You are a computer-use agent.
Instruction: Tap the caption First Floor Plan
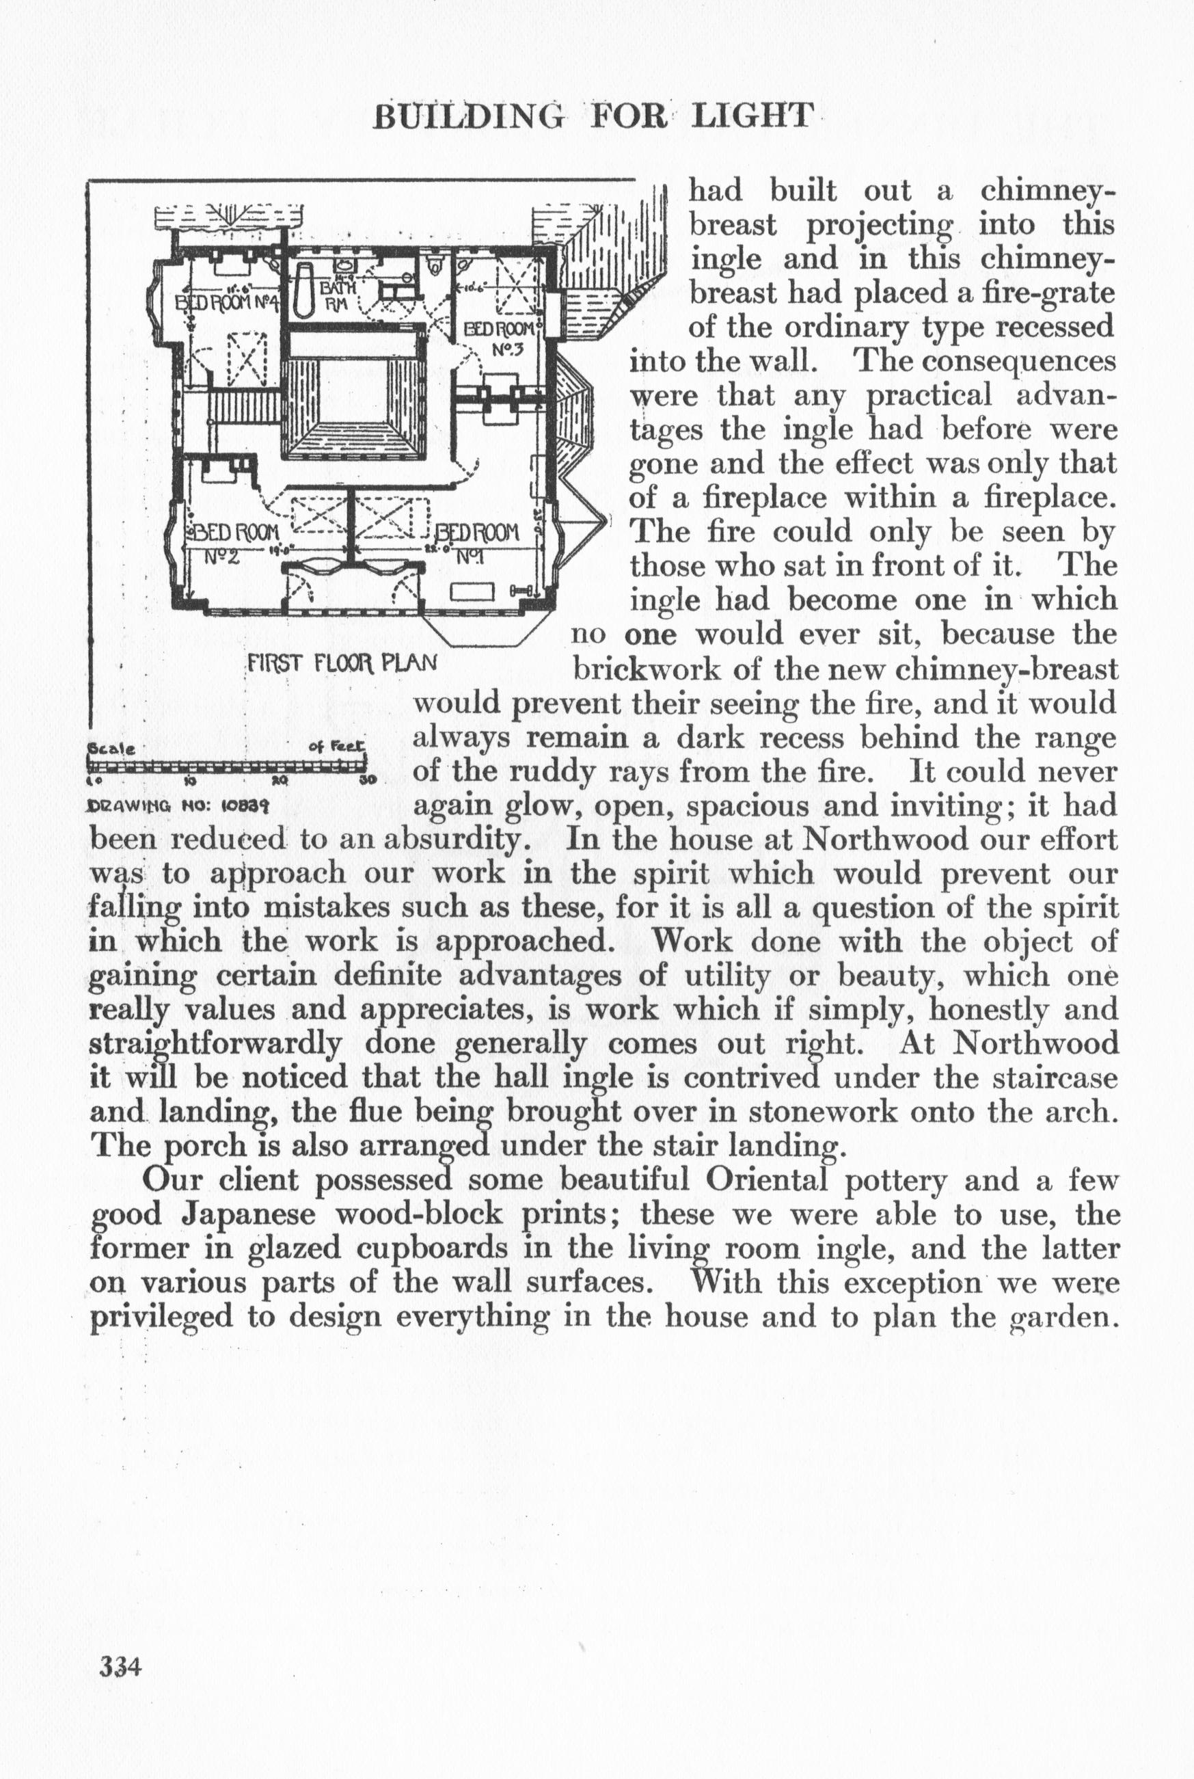[342, 663]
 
